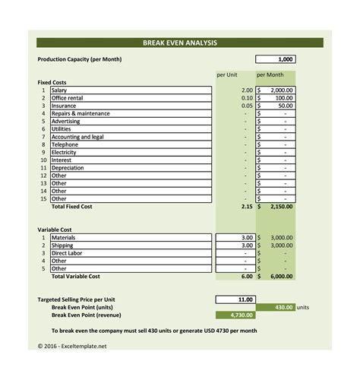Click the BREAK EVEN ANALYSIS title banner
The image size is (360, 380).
click(180, 43)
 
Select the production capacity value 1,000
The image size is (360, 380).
click(275, 59)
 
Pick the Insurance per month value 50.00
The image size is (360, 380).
click(276, 106)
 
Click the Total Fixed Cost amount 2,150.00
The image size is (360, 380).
click(276, 207)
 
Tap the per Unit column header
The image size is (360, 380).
click(228, 75)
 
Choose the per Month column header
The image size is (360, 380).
click(270, 75)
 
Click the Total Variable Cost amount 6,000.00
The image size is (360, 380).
click(276, 277)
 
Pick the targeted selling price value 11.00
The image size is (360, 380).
click(236, 299)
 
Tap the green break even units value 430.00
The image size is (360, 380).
click(276, 307)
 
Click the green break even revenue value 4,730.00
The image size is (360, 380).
click(236, 315)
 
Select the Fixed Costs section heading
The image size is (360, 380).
click(52, 82)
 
